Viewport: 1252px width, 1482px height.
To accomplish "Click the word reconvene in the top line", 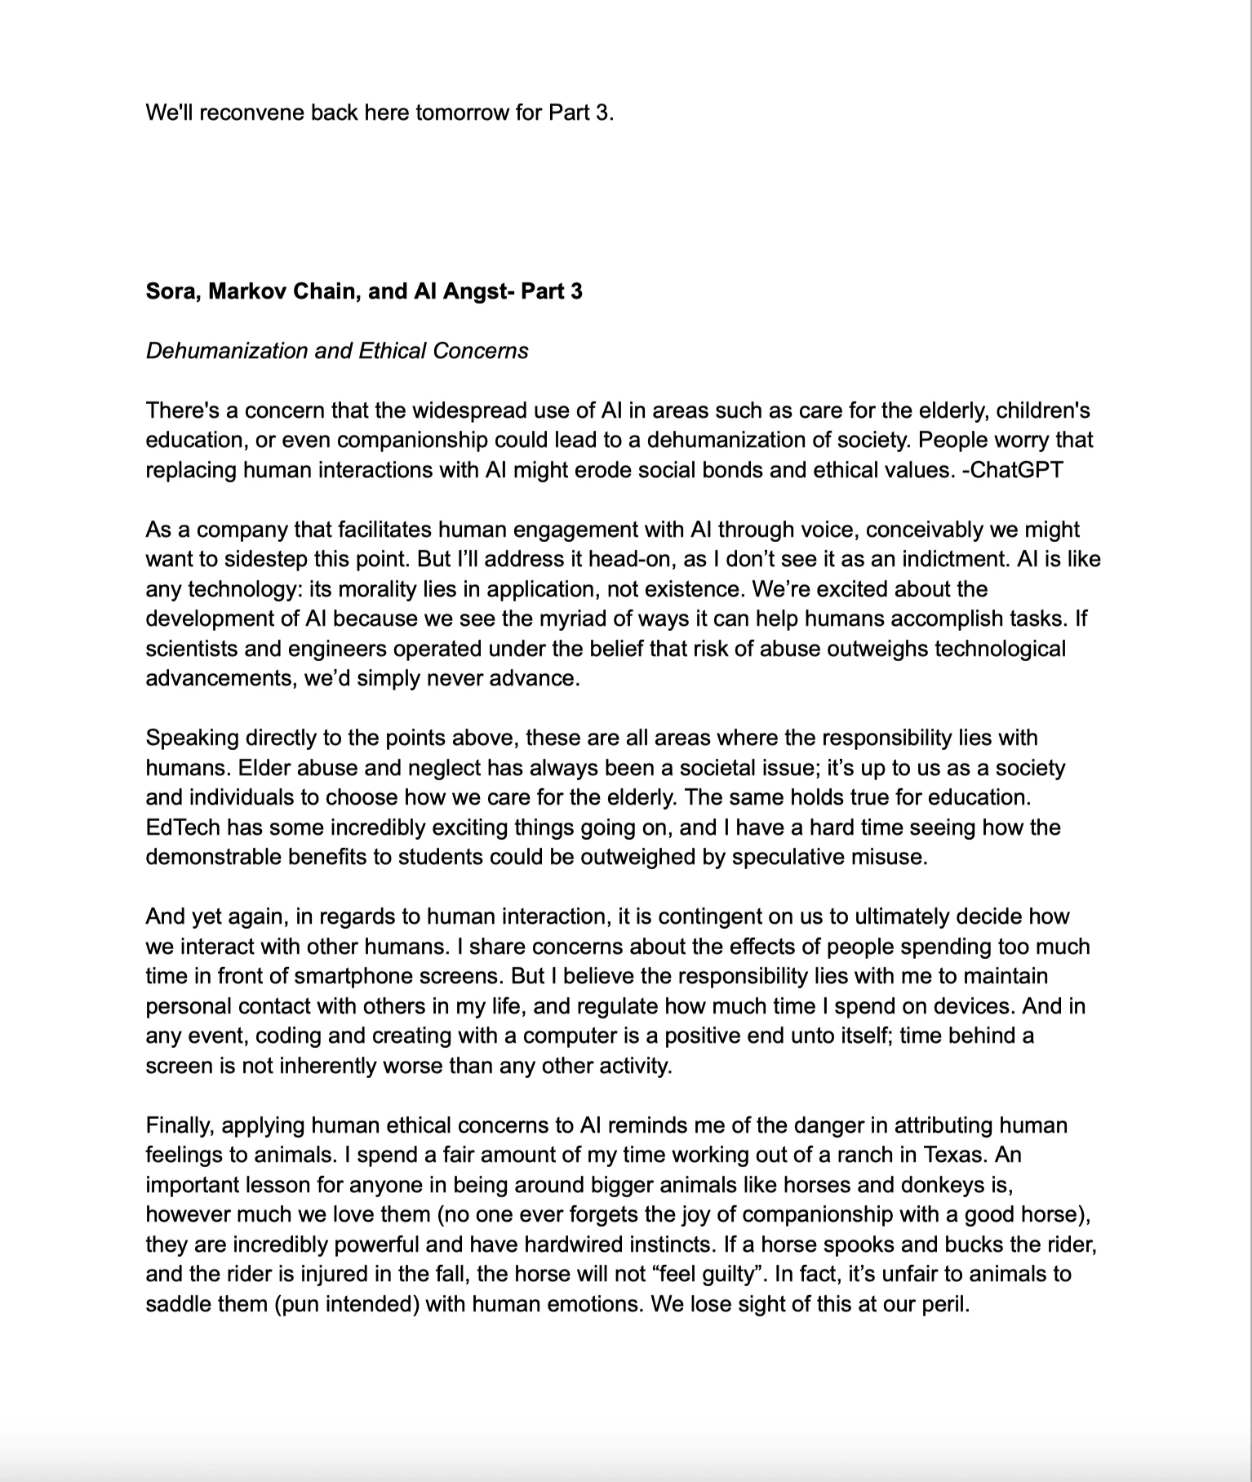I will click(x=251, y=113).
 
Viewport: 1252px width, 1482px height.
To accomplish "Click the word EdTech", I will click(x=183, y=828).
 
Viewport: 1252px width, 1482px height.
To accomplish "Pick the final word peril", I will click(x=946, y=1304).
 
